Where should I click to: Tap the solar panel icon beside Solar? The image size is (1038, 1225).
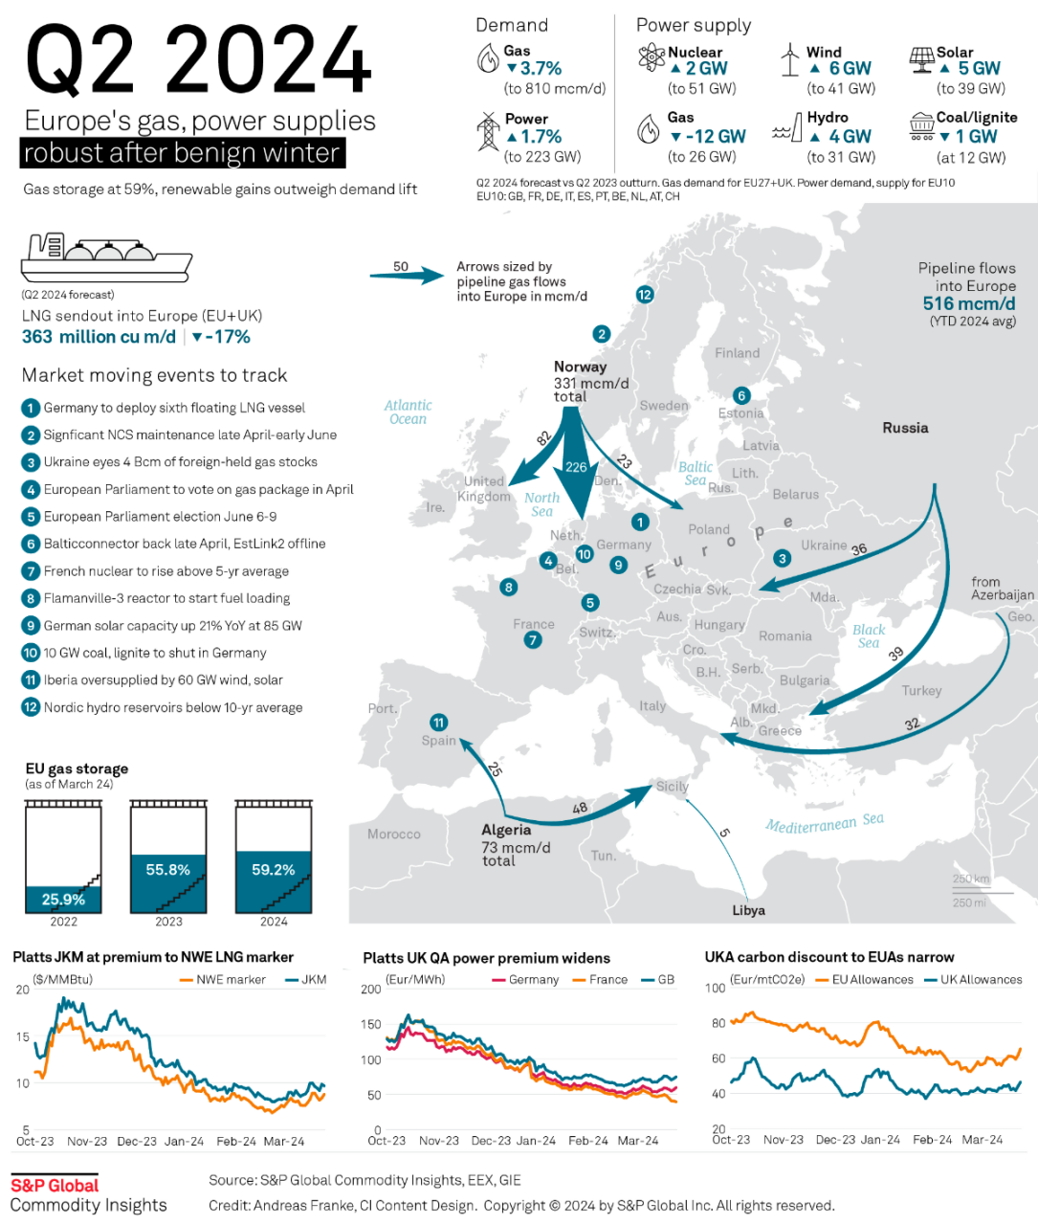(921, 60)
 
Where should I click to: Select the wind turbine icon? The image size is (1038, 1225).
(789, 59)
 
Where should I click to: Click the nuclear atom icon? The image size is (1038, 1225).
(652, 58)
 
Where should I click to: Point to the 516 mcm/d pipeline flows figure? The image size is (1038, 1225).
(968, 303)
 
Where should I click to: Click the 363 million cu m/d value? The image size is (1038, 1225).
(99, 337)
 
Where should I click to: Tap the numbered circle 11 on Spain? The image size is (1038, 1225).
(438, 723)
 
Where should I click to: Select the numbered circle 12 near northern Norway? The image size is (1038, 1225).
(645, 295)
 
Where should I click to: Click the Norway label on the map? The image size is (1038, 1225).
(580, 367)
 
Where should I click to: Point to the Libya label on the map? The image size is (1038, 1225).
(748, 910)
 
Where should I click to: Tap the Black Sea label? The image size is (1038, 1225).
(869, 636)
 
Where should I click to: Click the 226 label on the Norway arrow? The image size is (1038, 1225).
(576, 467)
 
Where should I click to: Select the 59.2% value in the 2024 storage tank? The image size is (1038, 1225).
(274, 870)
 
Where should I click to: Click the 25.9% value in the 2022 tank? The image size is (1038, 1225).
(63, 900)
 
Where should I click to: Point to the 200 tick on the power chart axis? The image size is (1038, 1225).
(370, 990)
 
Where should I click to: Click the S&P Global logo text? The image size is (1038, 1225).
(55, 1186)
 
